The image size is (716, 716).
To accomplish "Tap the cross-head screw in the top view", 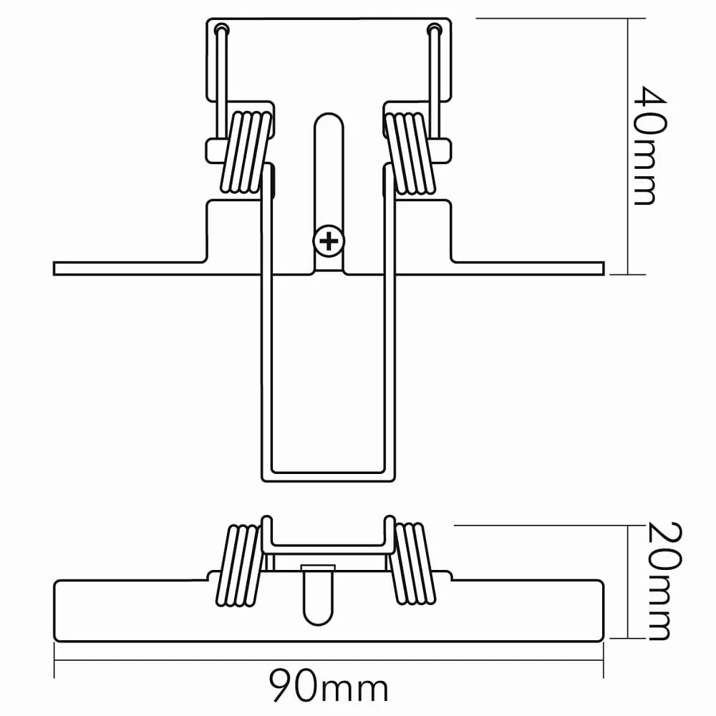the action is tap(329, 241).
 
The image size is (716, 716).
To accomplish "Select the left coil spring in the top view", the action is tap(246, 152).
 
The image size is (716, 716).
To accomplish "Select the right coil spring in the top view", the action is tap(410, 152).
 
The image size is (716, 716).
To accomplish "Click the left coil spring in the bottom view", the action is tap(238, 566).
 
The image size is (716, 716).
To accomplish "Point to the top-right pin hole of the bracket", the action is tap(435, 29).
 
